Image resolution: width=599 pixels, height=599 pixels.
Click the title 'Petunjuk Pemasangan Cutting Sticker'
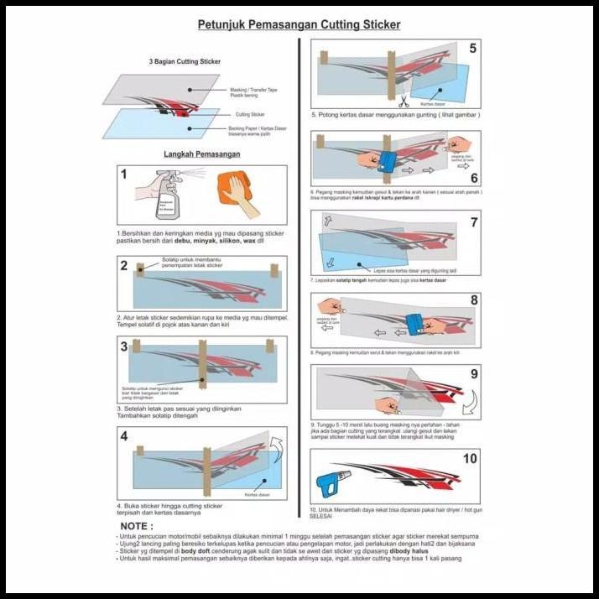pyautogui.click(x=299, y=25)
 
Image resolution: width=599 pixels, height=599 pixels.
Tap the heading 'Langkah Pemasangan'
pyautogui.click(x=201, y=154)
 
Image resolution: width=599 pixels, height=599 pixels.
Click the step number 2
pyautogui.click(x=124, y=267)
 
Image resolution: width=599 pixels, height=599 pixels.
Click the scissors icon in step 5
pyautogui.click(x=403, y=103)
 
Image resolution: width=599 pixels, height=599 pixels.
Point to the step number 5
pyautogui.click(x=472, y=49)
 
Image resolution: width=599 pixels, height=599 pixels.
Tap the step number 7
pyautogui.click(x=472, y=222)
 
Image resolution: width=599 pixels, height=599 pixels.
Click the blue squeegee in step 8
pyautogui.click(x=416, y=324)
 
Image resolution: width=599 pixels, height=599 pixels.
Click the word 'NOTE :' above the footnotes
pyautogui.click(x=137, y=525)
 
